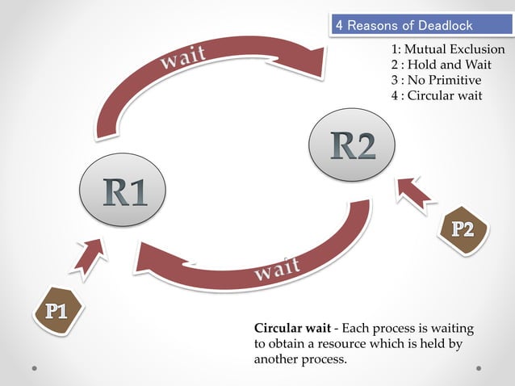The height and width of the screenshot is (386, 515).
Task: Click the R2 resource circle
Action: [354, 145]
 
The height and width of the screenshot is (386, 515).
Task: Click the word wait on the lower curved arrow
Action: [278, 269]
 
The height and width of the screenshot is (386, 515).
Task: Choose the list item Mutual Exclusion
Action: [448, 50]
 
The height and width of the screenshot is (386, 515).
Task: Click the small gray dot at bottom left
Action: [35, 368]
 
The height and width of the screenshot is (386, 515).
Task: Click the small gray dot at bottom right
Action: [479, 368]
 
